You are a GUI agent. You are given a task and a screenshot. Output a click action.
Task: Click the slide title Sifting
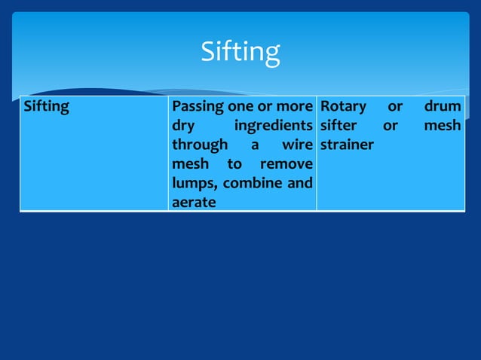click(240, 52)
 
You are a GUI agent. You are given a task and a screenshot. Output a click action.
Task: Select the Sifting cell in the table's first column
click(47, 107)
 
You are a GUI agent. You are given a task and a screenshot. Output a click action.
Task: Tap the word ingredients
click(274, 126)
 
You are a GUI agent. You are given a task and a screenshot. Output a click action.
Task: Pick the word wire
click(296, 145)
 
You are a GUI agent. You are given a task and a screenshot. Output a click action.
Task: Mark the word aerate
click(194, 203)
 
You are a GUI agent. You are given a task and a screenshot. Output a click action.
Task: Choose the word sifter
click(339, 126)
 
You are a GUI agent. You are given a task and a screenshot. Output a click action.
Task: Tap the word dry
click(184, 126)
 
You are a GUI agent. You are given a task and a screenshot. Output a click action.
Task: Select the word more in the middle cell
click(293, 107)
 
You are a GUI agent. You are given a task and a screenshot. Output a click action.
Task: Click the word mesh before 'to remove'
click(191, 164)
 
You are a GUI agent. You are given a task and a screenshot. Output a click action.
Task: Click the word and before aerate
click(301, 183)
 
